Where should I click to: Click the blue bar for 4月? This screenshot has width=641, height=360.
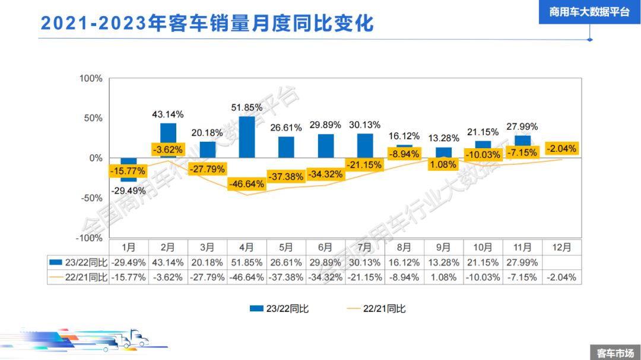click(247, 137)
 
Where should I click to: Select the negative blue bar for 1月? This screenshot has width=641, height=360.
click(129, 169)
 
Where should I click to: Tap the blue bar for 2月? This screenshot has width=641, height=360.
click(168, 140)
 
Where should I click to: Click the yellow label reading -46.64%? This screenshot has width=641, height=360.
click(246, 184)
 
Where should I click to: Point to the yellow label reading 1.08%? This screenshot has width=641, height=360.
click(443, 164)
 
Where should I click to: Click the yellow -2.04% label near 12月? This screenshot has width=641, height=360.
click(561, 149)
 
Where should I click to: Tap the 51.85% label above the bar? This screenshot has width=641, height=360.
click(247, 107)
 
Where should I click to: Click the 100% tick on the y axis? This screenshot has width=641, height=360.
click(91, 78)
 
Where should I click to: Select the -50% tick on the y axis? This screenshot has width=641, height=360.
click(90, 197)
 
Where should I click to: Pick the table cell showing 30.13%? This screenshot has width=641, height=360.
click(364, 262)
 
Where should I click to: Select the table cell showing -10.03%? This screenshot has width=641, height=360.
click(483, 277)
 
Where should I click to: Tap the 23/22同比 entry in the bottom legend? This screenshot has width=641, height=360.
click(279, 308)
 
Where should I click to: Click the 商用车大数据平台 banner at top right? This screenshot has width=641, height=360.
click(589, 12)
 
